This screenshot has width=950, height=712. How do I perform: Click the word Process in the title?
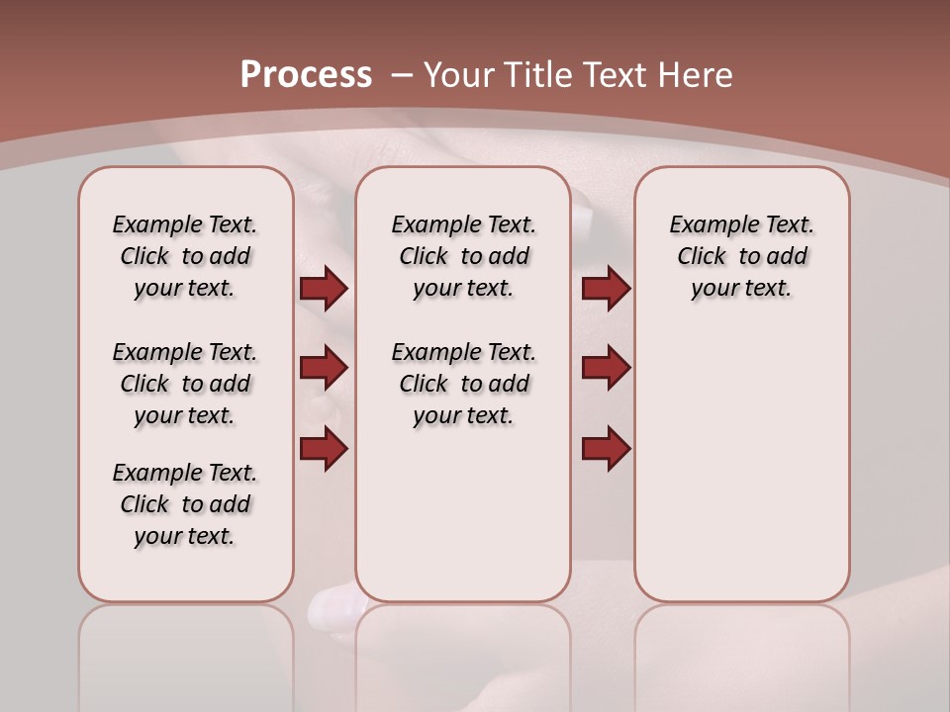point(306,75)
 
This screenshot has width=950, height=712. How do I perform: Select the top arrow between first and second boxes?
point(324,288)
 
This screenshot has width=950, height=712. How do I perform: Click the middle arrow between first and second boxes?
point(324,368)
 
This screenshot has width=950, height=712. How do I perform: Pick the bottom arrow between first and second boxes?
point(324,448)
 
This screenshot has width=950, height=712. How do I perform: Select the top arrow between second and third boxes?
point(606,288)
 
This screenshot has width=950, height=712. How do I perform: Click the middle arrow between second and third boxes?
point(606,368)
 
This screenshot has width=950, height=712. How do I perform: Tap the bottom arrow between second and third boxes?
point(606,448)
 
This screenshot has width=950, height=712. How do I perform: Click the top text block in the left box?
point(185,256)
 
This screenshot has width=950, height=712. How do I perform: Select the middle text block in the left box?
point(185,384)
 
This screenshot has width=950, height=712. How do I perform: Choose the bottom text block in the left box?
point(185,504)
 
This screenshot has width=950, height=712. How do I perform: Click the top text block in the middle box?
point(463,256)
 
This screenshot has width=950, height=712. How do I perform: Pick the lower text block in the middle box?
point(463,384)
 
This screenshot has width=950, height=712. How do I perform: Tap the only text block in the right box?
point(741,256)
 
